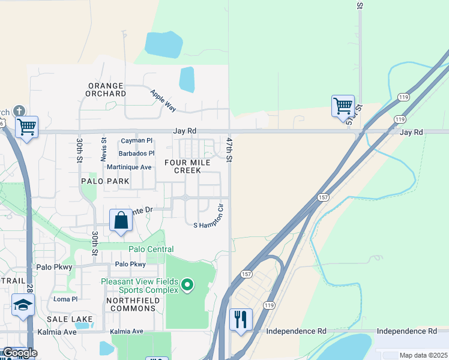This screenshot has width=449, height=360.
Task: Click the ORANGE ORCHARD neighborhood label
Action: click(x=106, y=90)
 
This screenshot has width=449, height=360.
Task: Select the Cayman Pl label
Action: click(x=133, y=140)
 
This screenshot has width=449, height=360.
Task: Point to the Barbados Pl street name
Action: click(x=136, y=154)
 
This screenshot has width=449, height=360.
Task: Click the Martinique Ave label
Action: click(x=129, y=167)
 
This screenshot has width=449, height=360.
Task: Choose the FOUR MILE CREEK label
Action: click(x=187, y=167)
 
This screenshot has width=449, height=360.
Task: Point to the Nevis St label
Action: click(x=104, y=149)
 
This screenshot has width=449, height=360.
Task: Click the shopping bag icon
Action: click(x=121, y=220)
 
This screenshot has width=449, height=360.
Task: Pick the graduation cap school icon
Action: click(x=23, y=305)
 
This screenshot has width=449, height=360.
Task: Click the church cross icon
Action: click(x=19, y=110)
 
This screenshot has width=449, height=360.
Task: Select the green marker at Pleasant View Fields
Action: click(x=187, y=285)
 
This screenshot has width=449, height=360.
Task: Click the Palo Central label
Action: click(x=151, y=249)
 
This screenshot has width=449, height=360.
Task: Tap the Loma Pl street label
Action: click(x=65, y=299)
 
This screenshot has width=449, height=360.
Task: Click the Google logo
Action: click(x=19, y=353)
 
